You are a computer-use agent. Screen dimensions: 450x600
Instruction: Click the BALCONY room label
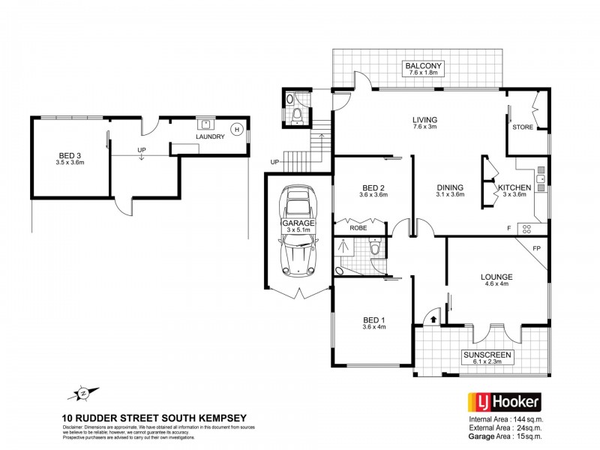point(425,67)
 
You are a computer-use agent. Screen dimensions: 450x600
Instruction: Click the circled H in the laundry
point(236,128)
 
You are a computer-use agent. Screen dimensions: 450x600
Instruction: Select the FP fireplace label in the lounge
point(536,247)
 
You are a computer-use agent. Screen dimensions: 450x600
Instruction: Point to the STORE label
point(523,127)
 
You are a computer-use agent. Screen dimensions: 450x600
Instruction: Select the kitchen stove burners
point(526,227)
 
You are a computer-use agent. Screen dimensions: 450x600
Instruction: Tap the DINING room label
point(448,187)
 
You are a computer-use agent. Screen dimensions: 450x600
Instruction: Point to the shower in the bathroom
point(347,244)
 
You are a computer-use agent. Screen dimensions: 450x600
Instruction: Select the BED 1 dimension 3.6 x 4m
point(373,325)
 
